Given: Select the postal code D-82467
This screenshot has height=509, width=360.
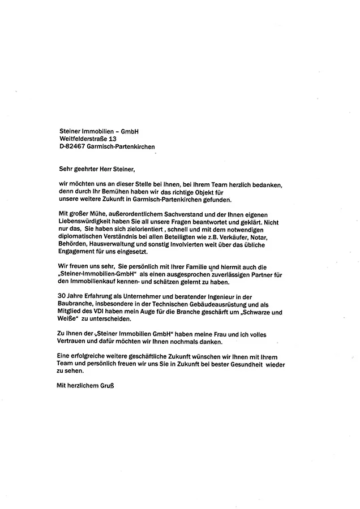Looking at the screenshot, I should [x=72, y=147].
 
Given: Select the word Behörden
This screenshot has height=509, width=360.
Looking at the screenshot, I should [x=74, y=245].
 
